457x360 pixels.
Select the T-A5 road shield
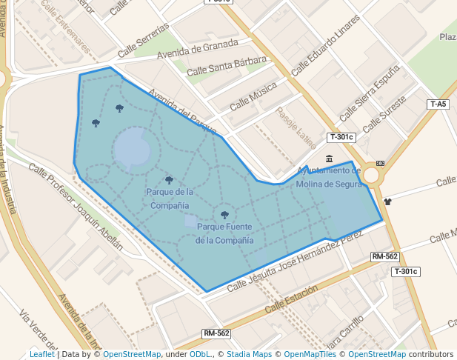click(x=438, y=104)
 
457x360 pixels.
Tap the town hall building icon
click(x=329, y=159)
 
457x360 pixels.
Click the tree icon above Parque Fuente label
click(x=224, y=215)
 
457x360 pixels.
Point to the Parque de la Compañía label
click(x=170, y=198)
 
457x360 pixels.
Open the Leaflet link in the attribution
click(x=41, y=355)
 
